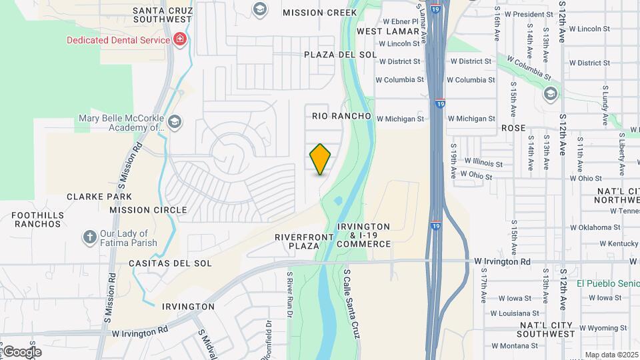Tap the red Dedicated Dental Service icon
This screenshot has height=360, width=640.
pos(179,40)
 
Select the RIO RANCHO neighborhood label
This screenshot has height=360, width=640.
pos(341,116)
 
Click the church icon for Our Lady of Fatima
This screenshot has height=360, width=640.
pos(89,237)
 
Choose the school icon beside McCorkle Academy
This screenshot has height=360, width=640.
pos(175,121)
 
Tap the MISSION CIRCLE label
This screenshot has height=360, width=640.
pos(148,210)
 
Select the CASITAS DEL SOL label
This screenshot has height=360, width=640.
pos(170,263)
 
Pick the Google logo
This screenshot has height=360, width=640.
pos(21,352)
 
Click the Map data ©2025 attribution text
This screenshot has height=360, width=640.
pos(611,355)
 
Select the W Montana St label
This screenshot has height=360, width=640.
pos(515,346)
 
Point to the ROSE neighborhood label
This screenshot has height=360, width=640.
pos(513,127)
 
